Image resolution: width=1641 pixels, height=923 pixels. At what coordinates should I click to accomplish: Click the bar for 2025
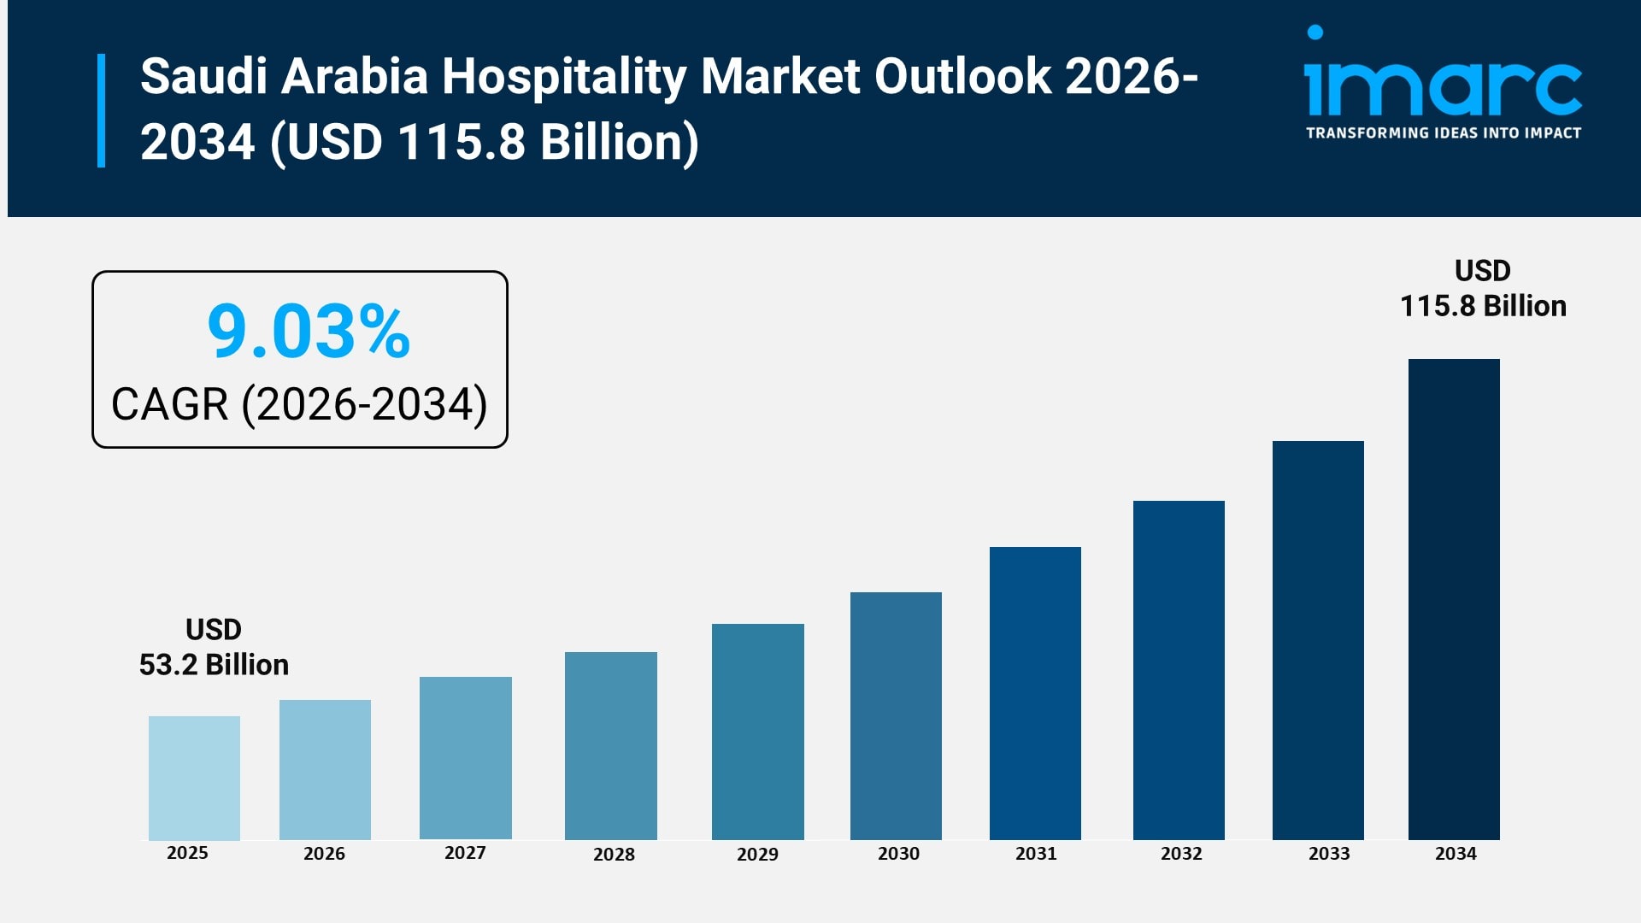click(x=194, y=778)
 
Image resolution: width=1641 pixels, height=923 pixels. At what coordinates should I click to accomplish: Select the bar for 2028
click(x=610, y=745)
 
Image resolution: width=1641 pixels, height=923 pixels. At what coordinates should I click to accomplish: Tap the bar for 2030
click(x=896, y=715)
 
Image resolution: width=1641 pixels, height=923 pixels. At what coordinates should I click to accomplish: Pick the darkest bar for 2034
click(x=1454, y=598)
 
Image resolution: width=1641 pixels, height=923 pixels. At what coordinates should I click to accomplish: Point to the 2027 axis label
click(x=465, y=853)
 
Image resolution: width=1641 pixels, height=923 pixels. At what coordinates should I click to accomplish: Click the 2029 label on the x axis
click(x=757, y=854)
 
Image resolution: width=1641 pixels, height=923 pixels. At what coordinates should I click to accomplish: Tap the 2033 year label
click(x=1329, y=854)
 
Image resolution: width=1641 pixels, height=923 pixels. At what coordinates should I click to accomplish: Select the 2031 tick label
click(x=1036, y=854)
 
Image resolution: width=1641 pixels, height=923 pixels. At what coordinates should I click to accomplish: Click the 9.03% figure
click(x=309, y=332)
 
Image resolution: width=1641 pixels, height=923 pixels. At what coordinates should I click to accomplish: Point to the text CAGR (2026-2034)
click(x=299, y=404)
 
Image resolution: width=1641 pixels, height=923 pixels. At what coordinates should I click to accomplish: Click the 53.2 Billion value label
click(x=214, y=664)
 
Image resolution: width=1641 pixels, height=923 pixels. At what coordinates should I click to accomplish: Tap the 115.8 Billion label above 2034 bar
click(x=1483, y=305)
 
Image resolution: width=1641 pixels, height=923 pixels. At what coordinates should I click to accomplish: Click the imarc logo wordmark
click(x=1443, y=88)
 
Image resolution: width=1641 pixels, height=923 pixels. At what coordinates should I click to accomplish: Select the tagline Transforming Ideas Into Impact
click(x=1443, y=133)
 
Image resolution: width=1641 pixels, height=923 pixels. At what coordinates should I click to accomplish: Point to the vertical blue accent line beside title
click(x=102, y=110)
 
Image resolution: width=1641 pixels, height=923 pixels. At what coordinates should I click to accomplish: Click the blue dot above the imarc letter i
click(x=1315, y=32)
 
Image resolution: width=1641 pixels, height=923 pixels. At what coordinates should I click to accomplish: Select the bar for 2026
click(x=325, y=769)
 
